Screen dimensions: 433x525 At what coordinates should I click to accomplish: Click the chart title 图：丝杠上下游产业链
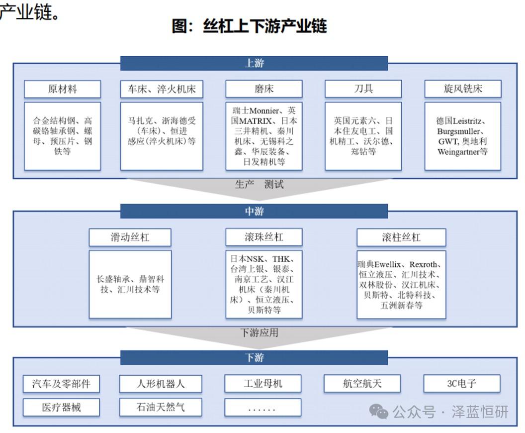[249, 26]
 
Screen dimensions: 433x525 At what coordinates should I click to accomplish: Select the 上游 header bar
[254, 63]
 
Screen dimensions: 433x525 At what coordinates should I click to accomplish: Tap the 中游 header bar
[254, 211]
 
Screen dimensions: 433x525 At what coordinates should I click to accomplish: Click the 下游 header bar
[254, 357]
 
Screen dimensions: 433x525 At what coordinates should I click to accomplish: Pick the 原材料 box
[63, 89]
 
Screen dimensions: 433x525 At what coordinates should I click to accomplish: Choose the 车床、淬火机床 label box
[162, 89]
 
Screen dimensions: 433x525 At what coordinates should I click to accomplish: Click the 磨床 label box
[263, 89]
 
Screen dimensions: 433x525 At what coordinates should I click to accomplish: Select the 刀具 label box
[363, 89]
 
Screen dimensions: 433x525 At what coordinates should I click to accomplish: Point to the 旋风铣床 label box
[463, 89]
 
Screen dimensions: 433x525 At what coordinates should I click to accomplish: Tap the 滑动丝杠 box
[130, 237]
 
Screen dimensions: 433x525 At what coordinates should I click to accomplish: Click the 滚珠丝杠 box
[263, 237]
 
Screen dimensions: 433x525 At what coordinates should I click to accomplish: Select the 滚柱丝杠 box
[401, 237]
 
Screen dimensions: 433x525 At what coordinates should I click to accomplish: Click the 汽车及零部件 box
[61, 384]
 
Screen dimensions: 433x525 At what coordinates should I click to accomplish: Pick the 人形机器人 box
[161, 384]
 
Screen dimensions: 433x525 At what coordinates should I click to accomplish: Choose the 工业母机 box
[263, 384]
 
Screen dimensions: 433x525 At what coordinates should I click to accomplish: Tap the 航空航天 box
[362, 384]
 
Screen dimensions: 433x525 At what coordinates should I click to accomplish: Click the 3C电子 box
[461, 384]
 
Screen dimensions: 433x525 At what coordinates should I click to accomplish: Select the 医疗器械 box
[61, 408]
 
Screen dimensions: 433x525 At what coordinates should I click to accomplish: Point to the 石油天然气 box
[161, 408]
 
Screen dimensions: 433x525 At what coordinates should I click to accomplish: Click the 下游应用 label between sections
[260, 332]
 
